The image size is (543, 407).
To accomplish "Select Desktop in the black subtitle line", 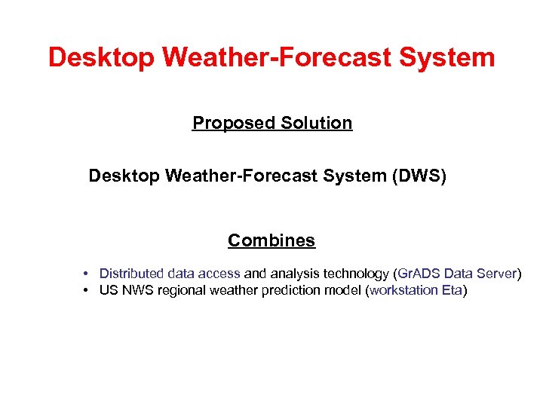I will tap(124, 176).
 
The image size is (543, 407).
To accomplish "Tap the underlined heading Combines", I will tap(271, 241).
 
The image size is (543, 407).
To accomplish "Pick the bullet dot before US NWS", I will tap(88, 291).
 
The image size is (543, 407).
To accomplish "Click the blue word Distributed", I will tap(131, 274).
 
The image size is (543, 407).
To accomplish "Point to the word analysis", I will tap(293, 274).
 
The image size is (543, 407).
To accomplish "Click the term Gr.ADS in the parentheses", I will tap(419, 274).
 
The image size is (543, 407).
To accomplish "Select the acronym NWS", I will tap(138, 291).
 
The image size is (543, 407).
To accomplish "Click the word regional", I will tap(182, 291).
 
